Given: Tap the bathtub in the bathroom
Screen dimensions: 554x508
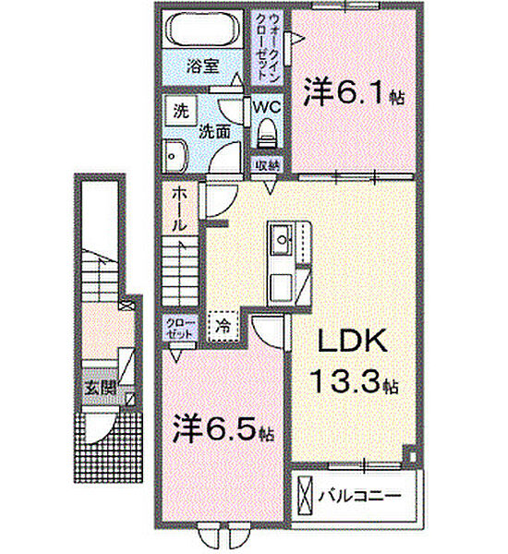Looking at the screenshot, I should click(199, 30).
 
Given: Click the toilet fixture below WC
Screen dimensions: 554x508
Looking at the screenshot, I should click(268, 135).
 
